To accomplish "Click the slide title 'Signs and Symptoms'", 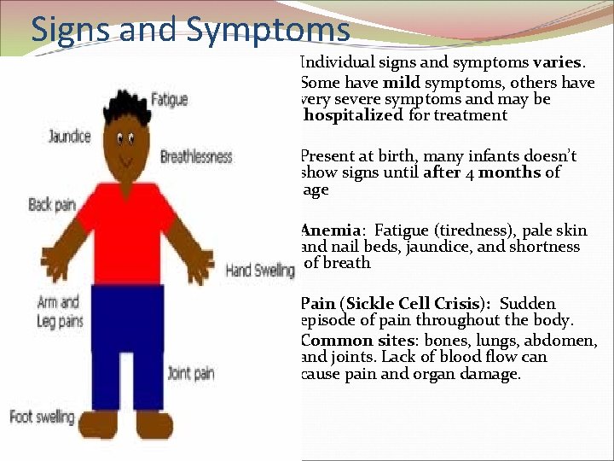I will click(190, 29).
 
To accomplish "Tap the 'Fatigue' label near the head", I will click(169, 100).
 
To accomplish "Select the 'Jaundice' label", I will click(69, 137).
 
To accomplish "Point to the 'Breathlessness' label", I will click(196, 156).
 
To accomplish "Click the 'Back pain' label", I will click(52, 204).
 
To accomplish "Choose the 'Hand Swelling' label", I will click(260, 271).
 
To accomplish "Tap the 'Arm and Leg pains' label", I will click(60, 312).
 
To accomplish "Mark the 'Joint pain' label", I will click(191, 372).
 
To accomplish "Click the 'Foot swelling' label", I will click(42, 417).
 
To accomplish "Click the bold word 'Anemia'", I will click(332, 230).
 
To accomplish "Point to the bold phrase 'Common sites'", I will click(349, 341).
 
